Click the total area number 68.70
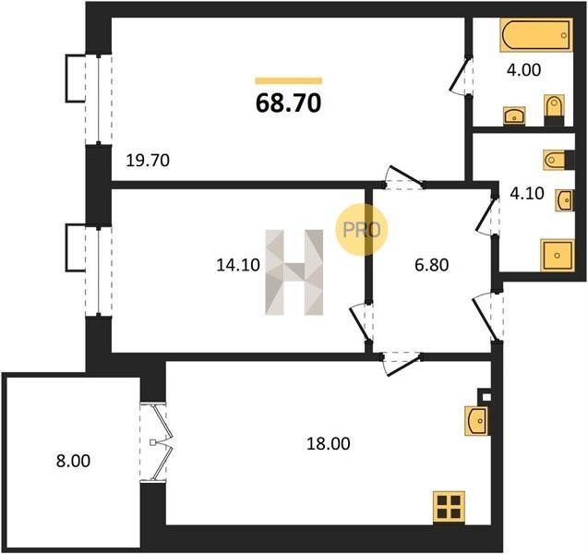tap(288, 103)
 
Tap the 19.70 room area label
tap(148, 161)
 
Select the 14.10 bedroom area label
tap(238, 265)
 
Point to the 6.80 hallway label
tap(432, 265)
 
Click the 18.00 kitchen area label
tap(328, 444)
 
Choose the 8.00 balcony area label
tap(73, 461)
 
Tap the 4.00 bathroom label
tap(523, 70)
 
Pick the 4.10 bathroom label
tap(527, 194)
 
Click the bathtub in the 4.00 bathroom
tap(536, 35)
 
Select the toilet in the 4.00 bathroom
tap(554, 110)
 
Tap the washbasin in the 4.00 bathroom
tap(514, 115)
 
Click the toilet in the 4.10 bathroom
tap(558, 160)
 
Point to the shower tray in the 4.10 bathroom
tap(557, 255)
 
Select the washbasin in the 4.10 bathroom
tap(564, 200)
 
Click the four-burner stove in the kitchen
tap(449, 507)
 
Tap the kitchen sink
tap(476, 421)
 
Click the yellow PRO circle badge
tap(361, 230)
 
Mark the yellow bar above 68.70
tap(288, 80)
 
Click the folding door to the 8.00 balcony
tap(157, 442)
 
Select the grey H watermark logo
tap(294, 272)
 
